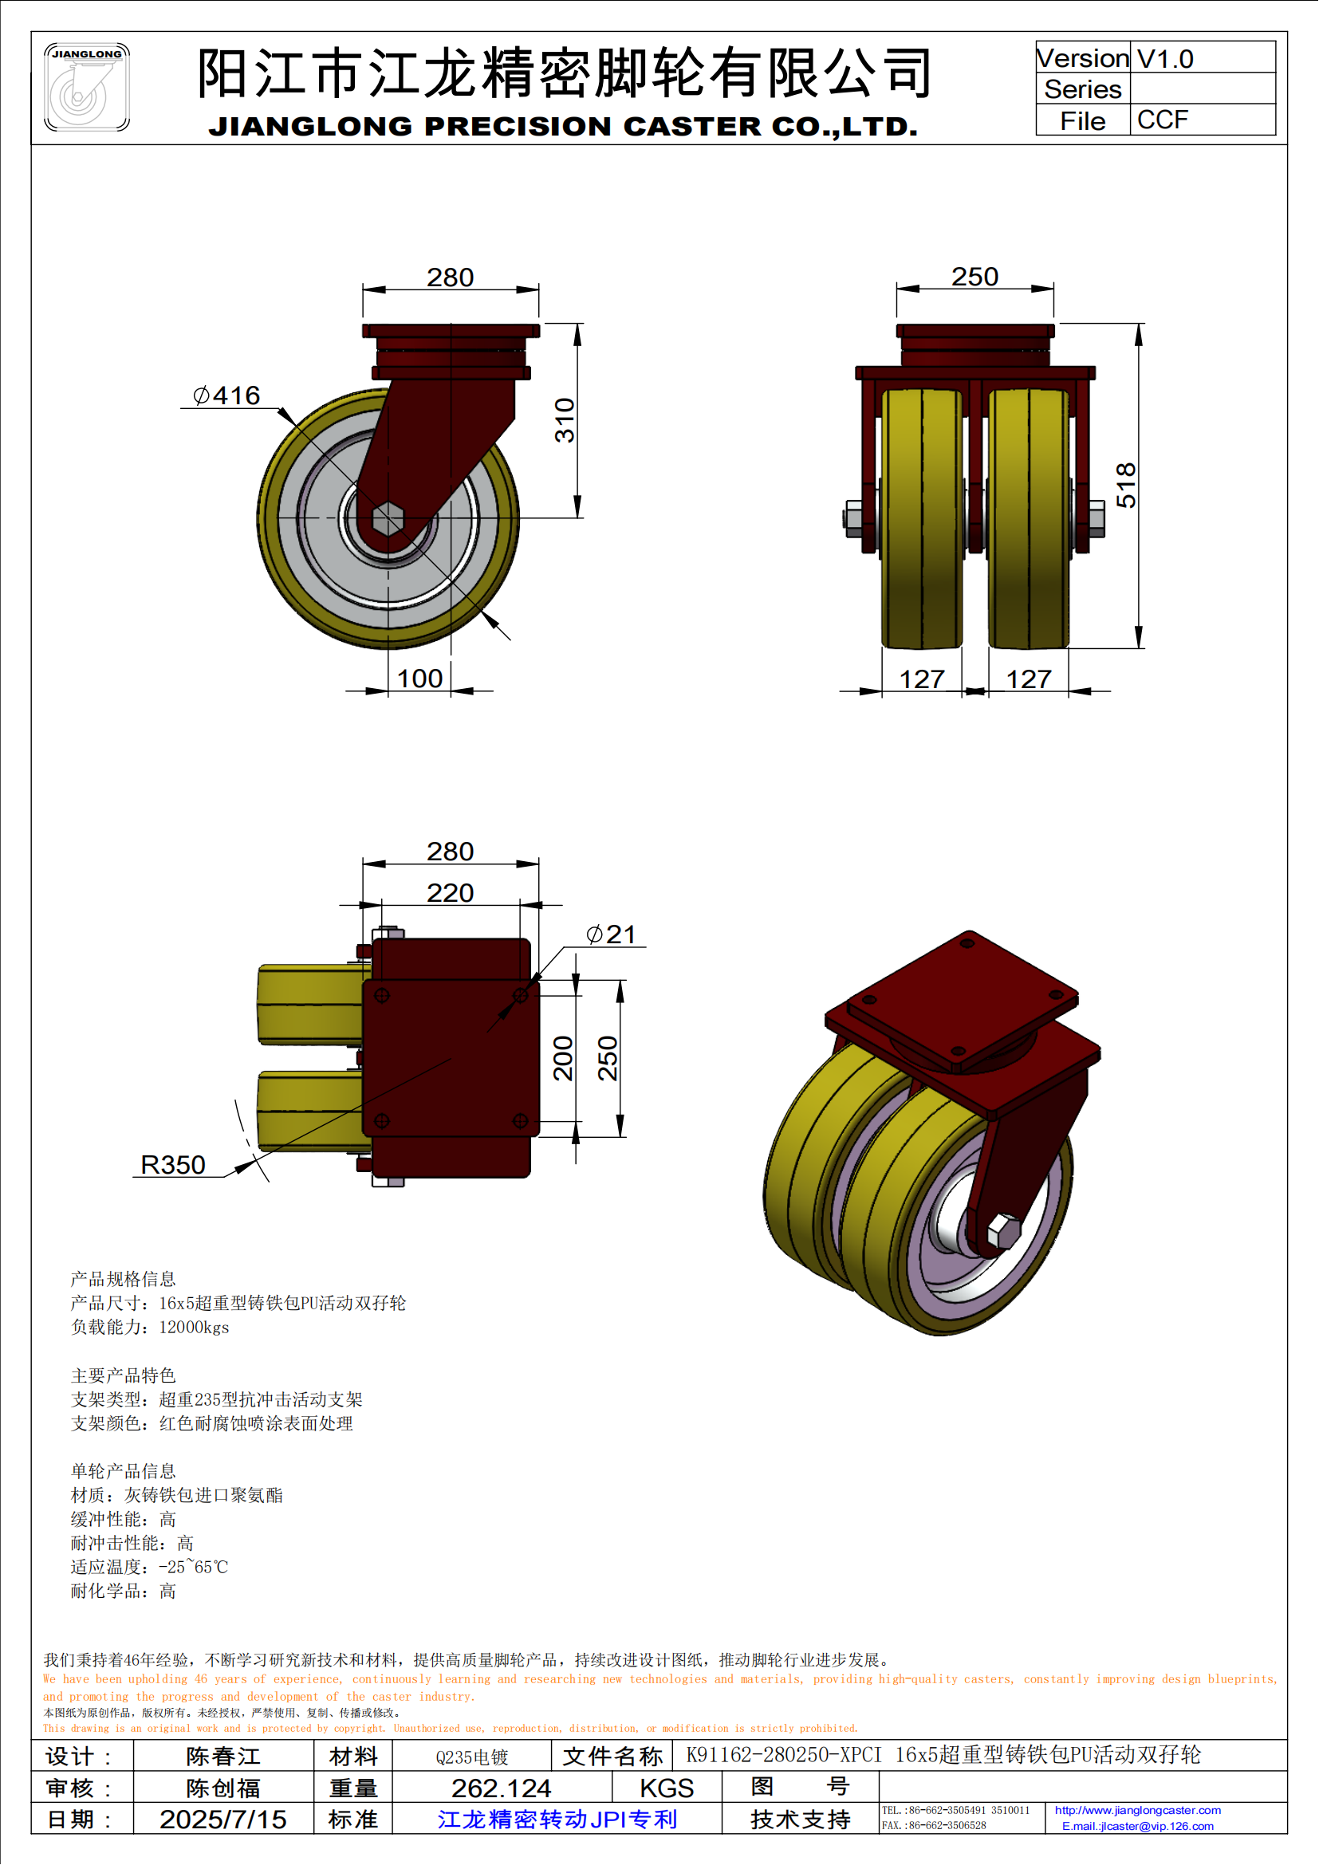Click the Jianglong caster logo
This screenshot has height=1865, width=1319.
(86, 87)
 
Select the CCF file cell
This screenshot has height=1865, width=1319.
(1162, 120)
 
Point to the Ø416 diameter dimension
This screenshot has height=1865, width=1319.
(226, 395)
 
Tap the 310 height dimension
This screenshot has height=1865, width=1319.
(565, 420)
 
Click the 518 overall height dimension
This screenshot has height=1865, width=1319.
(1126, 485)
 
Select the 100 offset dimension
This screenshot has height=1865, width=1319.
(419, 679)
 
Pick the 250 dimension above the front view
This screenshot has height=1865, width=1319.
(974, 277)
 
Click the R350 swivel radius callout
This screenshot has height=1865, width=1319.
(173, 1165)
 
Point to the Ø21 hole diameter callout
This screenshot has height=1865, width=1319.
(611, 934)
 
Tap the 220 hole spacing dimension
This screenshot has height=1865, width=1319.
(450, 893)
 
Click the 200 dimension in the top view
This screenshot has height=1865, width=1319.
(563, 1057)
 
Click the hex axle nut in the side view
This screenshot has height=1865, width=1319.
(388, 518)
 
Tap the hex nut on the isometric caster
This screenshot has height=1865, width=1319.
(1004, 1231)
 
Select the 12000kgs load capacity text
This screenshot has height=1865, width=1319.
(194, 1328)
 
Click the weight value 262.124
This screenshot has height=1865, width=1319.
(501, 1788)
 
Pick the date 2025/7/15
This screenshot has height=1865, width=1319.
(222, 1820)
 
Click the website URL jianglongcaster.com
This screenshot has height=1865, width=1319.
(1137, 1810)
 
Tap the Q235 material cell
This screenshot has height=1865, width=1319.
(471, 1757)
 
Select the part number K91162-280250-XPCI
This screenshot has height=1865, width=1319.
(783, 1754)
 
